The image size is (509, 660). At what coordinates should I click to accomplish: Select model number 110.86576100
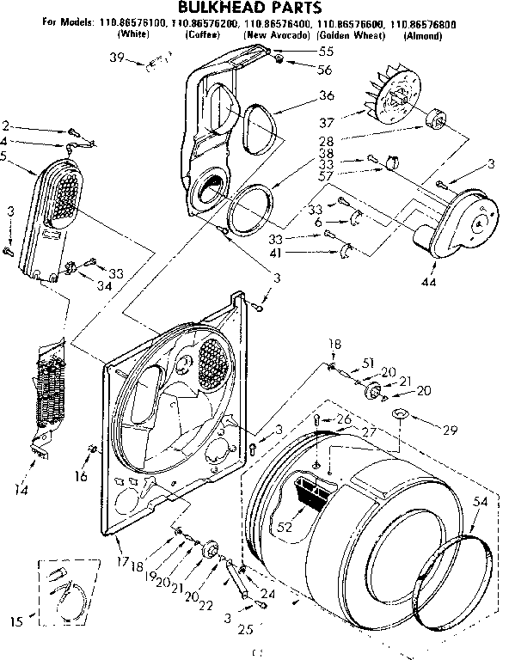coord(129,27)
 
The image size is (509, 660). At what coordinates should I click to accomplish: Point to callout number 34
coord(104,286)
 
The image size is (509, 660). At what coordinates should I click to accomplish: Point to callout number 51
coord(371,362)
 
